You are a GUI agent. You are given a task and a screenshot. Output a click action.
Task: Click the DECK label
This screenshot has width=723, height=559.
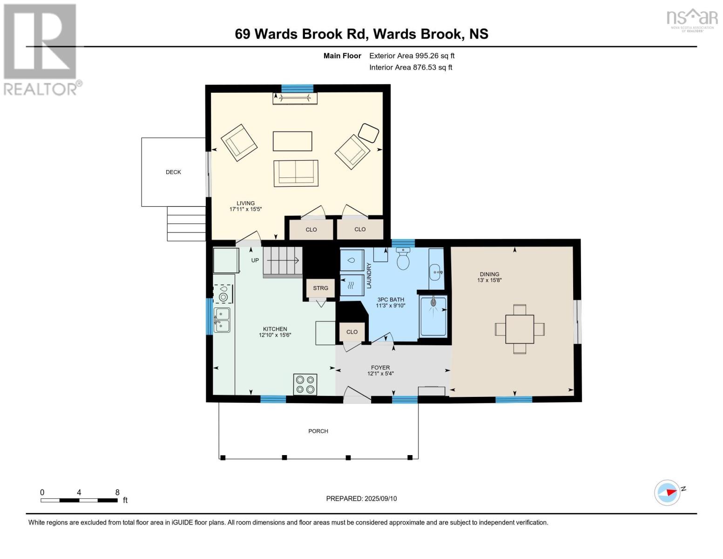(x=173, y=172)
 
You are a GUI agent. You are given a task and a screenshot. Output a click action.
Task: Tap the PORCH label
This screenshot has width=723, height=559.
(x=318, y=431)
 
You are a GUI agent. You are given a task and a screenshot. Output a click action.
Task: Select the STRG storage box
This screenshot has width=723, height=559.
(x=320, y=288)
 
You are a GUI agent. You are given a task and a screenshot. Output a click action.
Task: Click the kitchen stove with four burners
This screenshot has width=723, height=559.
(x=305, y=385)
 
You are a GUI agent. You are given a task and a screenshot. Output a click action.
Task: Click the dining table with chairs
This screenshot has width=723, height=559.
(x=520, y=329)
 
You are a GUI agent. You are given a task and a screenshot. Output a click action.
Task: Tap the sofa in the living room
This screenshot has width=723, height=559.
(x=296, y=173)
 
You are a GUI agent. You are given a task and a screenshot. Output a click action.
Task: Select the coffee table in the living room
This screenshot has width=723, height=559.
(x=292, y=141)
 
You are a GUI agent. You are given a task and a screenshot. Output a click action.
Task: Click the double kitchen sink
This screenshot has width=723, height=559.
(x=222, y=320)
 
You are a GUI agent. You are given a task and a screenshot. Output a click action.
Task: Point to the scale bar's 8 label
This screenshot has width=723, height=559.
(x=117, y=492)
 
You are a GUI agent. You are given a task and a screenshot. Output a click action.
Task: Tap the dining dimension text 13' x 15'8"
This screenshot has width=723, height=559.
(x=489, y=280)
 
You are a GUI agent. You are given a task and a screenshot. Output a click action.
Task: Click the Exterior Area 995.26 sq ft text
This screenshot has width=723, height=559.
(x=412, y=56)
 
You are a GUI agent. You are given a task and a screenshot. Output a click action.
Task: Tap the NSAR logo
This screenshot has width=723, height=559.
(x=692, y=19)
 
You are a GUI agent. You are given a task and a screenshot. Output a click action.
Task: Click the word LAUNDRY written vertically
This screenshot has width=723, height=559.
(x=369, y=275)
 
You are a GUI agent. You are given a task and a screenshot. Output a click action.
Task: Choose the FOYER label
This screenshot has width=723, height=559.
(x=380, y=368)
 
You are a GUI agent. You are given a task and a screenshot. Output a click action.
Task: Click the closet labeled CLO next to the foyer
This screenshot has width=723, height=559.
(x=352, y=332)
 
